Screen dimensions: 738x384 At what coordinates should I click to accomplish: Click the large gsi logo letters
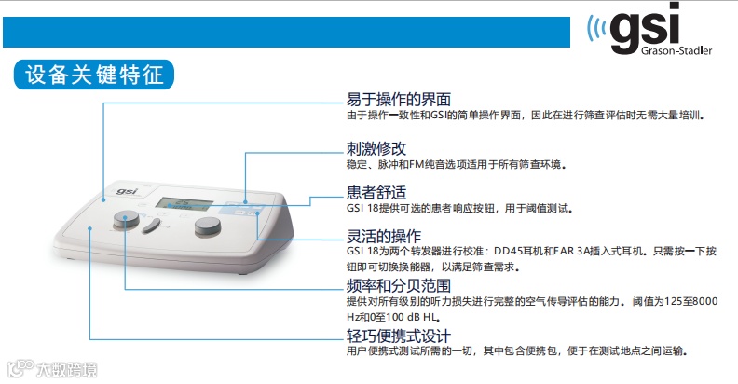pyautogui.click(x=645, y=28)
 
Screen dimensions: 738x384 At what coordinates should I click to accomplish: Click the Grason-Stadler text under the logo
pyautogui.click(x=676, y=50)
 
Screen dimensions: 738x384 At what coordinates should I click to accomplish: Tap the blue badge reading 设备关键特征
pyautogui.click(x=94, y=75)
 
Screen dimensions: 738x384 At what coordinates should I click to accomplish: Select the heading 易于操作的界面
pyautogui.click(x=399, y=100)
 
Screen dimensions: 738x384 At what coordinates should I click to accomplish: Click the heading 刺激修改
pyautogui.click(x=376, y=149)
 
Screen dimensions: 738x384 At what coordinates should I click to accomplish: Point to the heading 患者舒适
pyautogui.click(x=376, y=193)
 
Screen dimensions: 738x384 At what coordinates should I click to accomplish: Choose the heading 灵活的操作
pyautogui.click(x=384, y=236)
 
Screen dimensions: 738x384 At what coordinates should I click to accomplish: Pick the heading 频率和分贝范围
pyautogui.click(x=399, y=285)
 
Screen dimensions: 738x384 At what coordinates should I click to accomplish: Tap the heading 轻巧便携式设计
pyautogui.click(x=399, y=336)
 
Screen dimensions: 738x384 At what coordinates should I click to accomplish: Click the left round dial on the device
pyautogui.click(x=126, y=220)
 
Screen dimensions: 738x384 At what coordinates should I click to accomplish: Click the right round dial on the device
pyautogui.click(x=208, y=226)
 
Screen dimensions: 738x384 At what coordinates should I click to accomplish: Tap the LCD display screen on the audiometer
pyautogui.click(x=184, y=204)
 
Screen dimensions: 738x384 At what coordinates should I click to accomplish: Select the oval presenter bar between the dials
pyautogui.click(x=151, y=226)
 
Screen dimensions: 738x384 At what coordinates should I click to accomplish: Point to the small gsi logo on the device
pyautogui.click(x=127, y=191)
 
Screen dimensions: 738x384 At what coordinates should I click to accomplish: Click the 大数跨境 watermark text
pyautogui.click(x=67, y=370)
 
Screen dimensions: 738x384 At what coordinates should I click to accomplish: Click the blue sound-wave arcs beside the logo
pyautogui.click(x=596, y=29)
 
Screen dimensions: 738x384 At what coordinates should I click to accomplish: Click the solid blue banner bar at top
pyautogui.click(x=286, y=32)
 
